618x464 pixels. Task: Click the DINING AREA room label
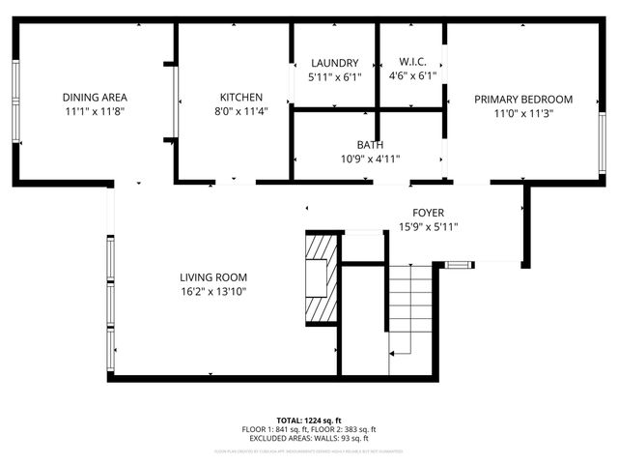coord(95,97)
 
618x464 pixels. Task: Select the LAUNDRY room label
coord(334,62)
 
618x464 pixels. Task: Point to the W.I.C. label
coord(412,62)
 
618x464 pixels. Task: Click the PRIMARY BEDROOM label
coord(522,99)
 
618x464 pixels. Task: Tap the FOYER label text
coord(429,213)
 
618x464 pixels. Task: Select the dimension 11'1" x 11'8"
coord(95,111)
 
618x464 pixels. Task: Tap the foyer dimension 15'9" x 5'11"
coord(429,227)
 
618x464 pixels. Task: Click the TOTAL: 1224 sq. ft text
coord(309,420)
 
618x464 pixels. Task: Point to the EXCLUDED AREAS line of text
coord(309,438)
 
